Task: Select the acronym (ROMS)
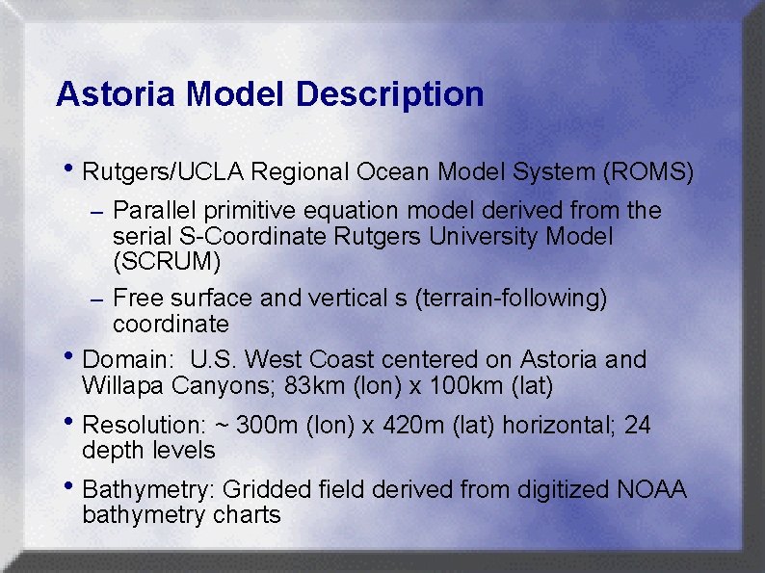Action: tap(647, 172)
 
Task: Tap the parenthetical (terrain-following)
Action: tap(511, 299)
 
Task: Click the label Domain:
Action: tap(128, 360)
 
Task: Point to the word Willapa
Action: tap(124, 386)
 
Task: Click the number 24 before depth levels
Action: tap(638, 425)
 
